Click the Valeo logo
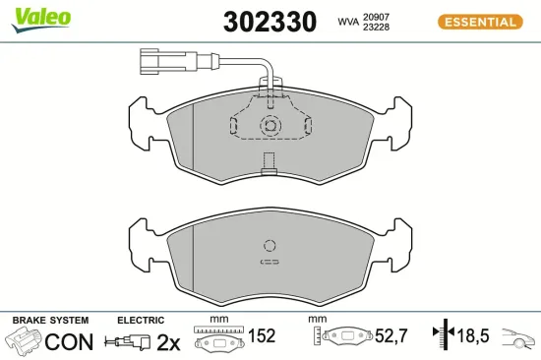pos(40,17)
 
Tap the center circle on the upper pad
pos(269,125)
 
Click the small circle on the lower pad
pos(269,247)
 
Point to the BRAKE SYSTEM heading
pos(50,321)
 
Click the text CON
pos(70,341)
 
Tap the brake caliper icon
pos(24,342)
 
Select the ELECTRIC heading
pos(140,321)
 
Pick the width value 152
pos(261,336)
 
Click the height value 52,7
pos(391,336)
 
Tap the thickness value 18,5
pos(473,336)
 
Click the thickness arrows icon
pos(445,336)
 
